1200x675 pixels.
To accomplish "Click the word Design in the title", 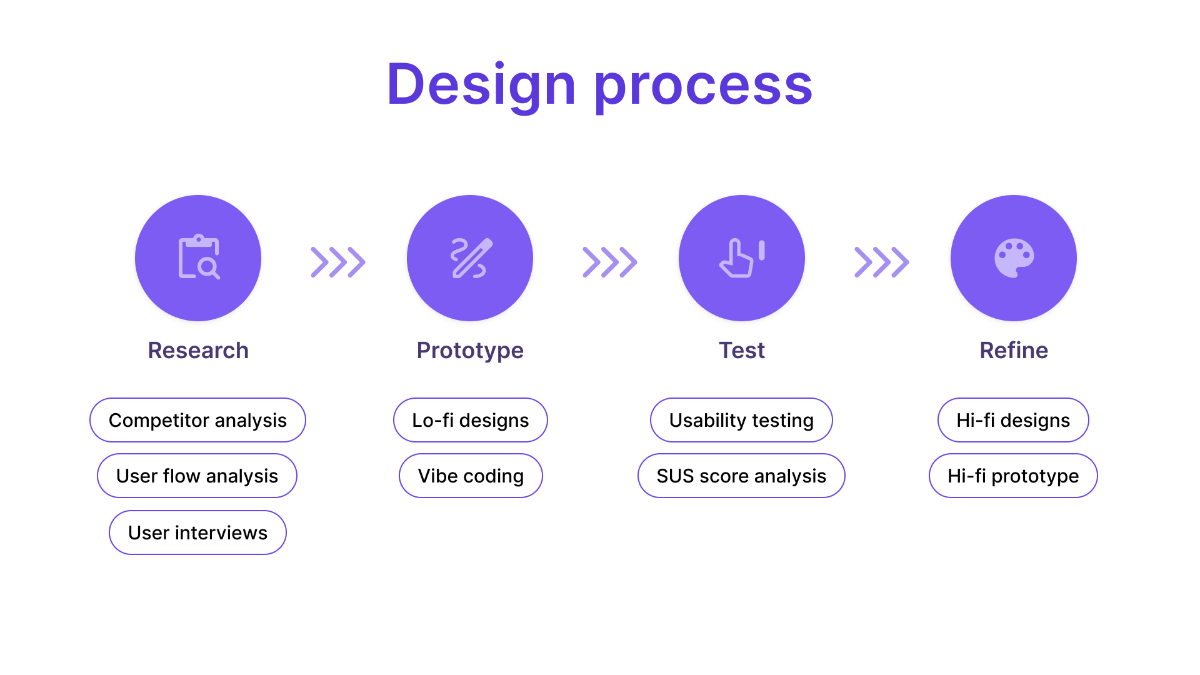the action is coord(481,85).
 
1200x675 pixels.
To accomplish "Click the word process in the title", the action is coord(703,86).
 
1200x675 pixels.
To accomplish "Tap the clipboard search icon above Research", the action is coord(199,257).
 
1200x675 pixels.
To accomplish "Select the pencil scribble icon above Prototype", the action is coord(471,258).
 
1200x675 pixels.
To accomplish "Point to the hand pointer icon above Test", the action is coord(742,258).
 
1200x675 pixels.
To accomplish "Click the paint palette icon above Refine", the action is coord(1014,257).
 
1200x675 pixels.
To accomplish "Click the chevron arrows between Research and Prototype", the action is coord(338,262).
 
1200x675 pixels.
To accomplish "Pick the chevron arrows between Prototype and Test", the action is coord(610,262).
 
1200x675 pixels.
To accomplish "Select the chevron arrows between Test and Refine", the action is coord(882,262).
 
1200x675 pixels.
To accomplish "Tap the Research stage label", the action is coord(198,350).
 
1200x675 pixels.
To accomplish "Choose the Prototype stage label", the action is coord(470,351).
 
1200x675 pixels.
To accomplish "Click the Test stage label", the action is coord(742,350).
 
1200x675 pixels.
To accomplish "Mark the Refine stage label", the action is coord(1014,350).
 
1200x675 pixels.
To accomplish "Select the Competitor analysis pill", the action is coord(197,420).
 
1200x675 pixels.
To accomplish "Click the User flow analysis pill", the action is coord(197,476).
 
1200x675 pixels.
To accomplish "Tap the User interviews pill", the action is coord(197,532).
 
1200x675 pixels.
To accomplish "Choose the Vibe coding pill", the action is coord(471,476).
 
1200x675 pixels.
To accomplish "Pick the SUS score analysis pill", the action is coord(741,476).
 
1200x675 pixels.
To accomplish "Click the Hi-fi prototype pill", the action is coord(1013,476).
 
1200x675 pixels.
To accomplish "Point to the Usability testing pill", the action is coord(741,420).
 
